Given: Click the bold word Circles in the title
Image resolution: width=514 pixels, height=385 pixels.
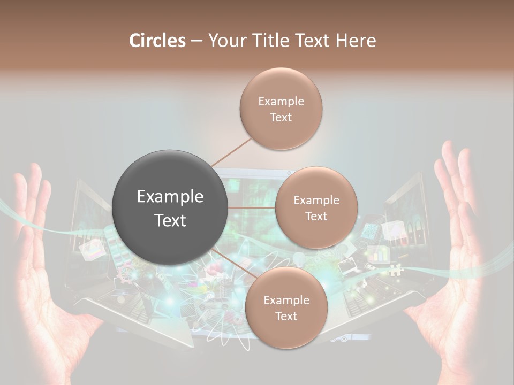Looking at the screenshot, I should pos(157,40).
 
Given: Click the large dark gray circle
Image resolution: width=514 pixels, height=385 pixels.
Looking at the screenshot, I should pos(170,207).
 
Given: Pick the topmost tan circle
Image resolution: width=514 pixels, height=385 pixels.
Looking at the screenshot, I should pos(281,109).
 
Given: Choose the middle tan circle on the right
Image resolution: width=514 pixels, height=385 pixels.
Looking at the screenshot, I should pos(316,208).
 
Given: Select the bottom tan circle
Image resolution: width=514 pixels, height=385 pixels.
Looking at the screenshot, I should pos(286,308).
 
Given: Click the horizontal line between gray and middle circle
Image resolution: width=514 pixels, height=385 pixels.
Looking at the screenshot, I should pos(252,207).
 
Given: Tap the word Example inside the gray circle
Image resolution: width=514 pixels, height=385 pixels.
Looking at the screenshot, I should pos(170,197).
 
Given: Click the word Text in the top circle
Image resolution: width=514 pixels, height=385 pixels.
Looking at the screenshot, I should pos(281,118).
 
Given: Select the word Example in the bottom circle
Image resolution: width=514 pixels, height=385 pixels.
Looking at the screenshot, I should pos(286,301).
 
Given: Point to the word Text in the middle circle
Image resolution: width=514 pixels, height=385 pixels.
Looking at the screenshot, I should pos(316,217).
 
